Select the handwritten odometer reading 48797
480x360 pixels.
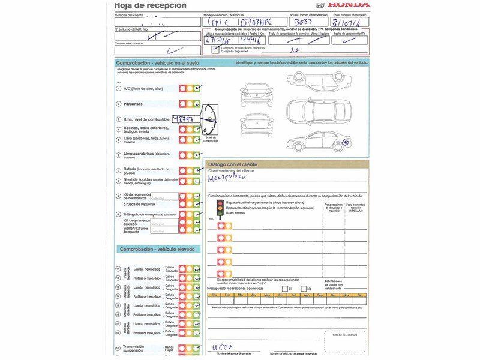(x=184, y=119)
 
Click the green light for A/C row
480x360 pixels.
(x=197, y=88)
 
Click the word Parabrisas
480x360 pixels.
(x=133, y=104)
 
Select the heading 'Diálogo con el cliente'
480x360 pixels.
(x=232, y=164)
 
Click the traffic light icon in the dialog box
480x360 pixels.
(x=220, y=208)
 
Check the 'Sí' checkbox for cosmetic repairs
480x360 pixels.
(x=284, y=288)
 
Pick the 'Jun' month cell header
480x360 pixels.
(x=280, y=295)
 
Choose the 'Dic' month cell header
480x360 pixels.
(x=359, y=295)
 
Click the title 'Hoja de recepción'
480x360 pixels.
(x=150, y=5)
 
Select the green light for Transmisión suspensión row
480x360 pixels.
(x=197, y=348)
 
